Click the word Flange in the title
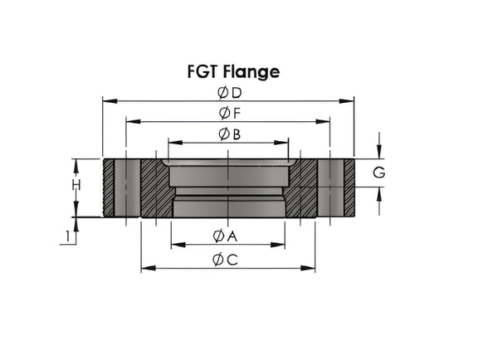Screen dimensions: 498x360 pyautogui.click(x=251, y=71)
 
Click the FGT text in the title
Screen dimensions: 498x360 pyautogui.click(x=203, y=71)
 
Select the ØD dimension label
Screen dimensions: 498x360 pyautogui.click(x=230, y=93)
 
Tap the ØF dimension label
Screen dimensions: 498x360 pyautogui.click(x=230, y=114)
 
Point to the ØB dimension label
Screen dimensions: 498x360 pyautogui.click(x=230, y=134)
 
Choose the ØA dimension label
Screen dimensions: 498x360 pyautogui.click(x=225, y=236)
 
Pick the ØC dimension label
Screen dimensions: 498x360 pyautogui.click(x=225, y=260)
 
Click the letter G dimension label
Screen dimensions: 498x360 pyautogui.click(x=379, y=173)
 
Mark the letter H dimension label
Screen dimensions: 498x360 pyautogui.click(x=76, y=185)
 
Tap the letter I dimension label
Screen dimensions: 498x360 pyautogui.click(x=67, y=237)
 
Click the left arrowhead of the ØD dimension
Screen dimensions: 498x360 pyautogui.click(x=110, y=101)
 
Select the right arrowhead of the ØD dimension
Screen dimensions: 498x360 pyautogui.click(x=346, y=101)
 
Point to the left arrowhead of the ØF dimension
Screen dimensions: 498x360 pyautogui.click(x=134, y=121)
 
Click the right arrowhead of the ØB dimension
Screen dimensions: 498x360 pyautogui.click(x=281, y=143)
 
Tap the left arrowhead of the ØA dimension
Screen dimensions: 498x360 pyautogui.click(x=178, y=245)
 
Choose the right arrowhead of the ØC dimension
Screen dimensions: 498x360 pyautogui.click(x=308, y=268)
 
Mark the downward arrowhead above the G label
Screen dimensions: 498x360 pyautogui.click(x=379, y=151)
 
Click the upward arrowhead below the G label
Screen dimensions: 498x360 pyautogui.click(x=379, y=194)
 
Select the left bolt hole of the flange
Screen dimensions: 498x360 pyautogui.click(x=127, y=188)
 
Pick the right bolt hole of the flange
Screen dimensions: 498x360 pyautogui.click(x=330, y=188)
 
